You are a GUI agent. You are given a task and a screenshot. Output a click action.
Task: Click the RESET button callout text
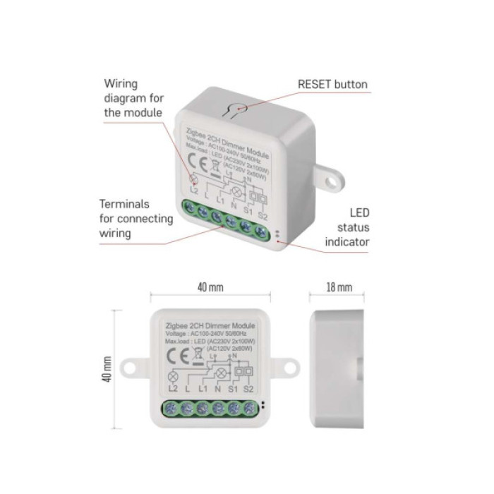pyautogui.click(x=332, y=85)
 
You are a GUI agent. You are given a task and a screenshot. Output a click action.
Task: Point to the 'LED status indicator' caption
pyautogui.click(x=347, y=227)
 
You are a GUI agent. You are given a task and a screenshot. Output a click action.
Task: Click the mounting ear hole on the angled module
pyautogui.click(x=330, y=181)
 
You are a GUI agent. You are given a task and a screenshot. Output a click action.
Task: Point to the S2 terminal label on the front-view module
pyautogui.click(x=248, y=389)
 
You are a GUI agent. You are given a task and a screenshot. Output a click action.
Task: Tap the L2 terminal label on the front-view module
pyautogui.click(x=171, y=389)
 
